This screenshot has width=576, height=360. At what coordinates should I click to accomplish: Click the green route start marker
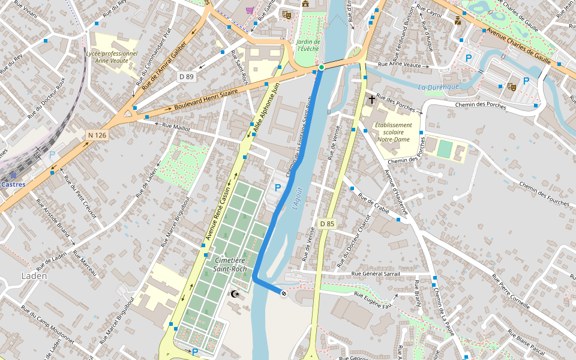[x=322, y=67]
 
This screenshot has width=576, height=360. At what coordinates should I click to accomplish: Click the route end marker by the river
[x=283, y=293]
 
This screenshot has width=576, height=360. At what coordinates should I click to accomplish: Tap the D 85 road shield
[x=327, y=224]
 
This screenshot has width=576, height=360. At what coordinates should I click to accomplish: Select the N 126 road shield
[x=97, y=136]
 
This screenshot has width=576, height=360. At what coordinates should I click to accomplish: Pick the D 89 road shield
[x=187, y=77]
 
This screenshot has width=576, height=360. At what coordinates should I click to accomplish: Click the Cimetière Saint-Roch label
[x=230, y=265]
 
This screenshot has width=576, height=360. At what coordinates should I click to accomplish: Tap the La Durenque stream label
[x=438, y=87]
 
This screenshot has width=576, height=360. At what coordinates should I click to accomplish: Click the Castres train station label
[x=13, y=184]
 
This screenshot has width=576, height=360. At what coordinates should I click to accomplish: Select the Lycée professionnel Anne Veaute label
[x=112, y=57]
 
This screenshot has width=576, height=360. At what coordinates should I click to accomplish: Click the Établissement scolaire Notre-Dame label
[x=393, y=132]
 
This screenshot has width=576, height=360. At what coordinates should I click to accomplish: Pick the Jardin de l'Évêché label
[x=308, y=46]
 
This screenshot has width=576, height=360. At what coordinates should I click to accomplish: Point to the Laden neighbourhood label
[x=34, y=276]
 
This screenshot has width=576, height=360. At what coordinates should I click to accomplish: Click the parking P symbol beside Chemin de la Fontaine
[x=277, y=188]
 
